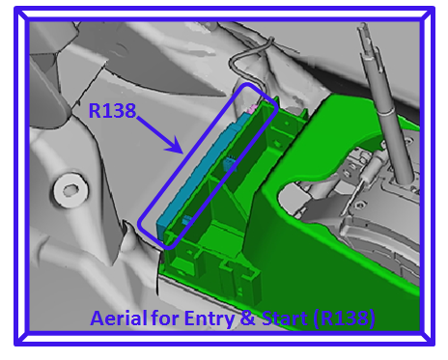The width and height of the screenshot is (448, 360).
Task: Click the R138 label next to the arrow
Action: [x=112, y=110]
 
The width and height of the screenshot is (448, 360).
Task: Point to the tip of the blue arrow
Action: [x=182, y=153]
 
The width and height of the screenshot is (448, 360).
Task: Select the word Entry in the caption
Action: [x=210, y=318]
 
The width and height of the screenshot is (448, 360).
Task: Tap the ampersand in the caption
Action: [x=247, y=318]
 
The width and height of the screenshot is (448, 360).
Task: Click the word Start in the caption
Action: [x=285, y=318]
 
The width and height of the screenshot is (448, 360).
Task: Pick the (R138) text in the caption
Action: [x=344, y=318]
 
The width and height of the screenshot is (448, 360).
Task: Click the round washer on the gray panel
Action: [x=70, y=190]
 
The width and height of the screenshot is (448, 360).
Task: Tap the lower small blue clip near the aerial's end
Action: [x=186, y=220]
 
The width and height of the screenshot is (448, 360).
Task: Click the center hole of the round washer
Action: [x=70, y=191]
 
